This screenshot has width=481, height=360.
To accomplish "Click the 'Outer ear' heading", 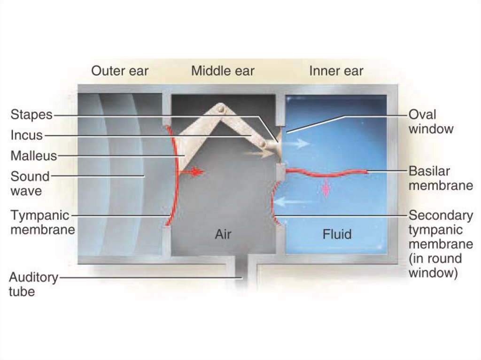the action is tap(119, 71).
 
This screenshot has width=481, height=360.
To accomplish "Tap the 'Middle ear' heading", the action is tap(223, 71).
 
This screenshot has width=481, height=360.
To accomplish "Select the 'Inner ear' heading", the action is tap(336, 71).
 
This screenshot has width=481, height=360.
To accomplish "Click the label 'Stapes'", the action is tap(31, 115).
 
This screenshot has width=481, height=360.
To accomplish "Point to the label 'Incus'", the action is tap(26, 135).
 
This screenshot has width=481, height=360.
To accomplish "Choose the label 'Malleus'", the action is tap(34, 155).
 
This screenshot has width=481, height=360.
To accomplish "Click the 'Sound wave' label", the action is tap(30, 184).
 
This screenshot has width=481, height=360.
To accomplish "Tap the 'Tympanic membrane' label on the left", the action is tap(42, 222).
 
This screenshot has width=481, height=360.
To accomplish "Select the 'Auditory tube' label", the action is tap(33, 284).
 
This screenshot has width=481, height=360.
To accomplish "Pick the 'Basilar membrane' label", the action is tap(440, 178).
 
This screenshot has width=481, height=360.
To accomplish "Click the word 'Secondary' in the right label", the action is tap(441, 215).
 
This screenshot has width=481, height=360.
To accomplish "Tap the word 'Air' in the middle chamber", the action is tap(223, 234).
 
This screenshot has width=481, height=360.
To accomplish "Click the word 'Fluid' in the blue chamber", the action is tap(337, 234).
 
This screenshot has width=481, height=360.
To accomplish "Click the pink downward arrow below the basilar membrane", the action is tap(325, 188).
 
